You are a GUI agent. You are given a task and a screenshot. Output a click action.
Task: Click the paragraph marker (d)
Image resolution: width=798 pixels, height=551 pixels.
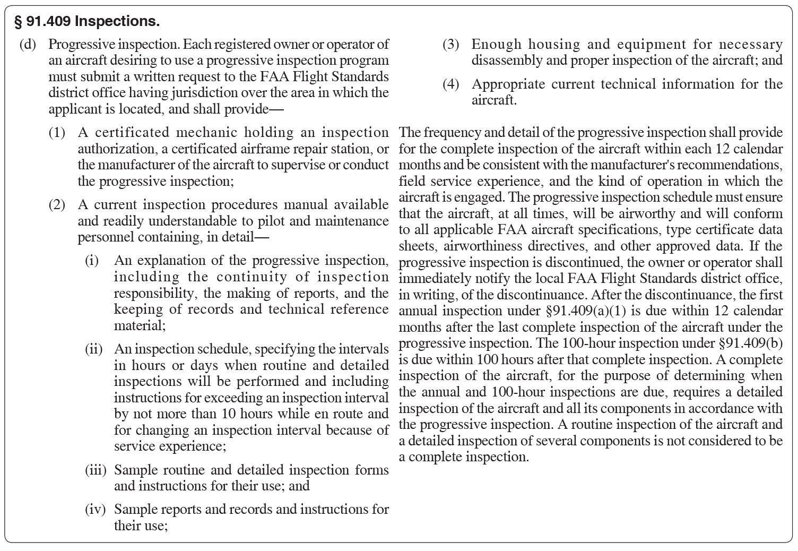pyautogui.click(x=28, y=44)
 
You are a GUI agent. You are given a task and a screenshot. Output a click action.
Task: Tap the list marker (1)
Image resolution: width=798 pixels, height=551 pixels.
pyautogui.click(x=57, y=133)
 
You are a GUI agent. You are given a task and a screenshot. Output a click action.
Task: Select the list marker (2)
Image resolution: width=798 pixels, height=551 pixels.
pyautogui.click(x=57, y=205)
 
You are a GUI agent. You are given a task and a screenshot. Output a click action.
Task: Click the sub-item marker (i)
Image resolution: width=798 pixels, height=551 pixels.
pyautogui.click(x=92, y=261)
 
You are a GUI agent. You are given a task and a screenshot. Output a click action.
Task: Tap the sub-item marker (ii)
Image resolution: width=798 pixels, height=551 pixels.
pyautogui.click(x=94, y=349)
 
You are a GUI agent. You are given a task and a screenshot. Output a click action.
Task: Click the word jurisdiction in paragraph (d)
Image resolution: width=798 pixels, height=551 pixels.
pyautogui.click(x=204, y=93)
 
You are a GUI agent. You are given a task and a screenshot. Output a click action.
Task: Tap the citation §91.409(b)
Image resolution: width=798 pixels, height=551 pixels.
pyautogui.click(x=750, y=343)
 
